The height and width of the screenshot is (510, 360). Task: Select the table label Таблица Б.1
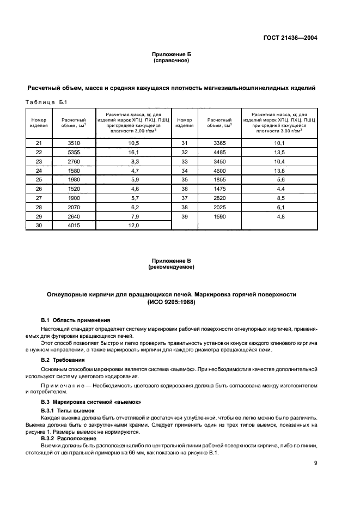tap(46, 102)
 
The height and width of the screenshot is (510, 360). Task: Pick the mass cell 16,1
tap(134, 152)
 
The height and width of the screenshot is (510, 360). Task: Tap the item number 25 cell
tap(38, 179)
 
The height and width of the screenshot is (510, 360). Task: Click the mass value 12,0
tap(134, 224)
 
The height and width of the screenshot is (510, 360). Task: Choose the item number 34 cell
tap(185, 170)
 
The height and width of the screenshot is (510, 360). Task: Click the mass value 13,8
tap(279, 170)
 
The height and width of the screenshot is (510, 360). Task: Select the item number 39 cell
tap(185, 216)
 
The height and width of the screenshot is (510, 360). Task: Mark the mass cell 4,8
tap(279, 216)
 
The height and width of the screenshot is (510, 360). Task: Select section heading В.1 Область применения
tap(76, 320)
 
